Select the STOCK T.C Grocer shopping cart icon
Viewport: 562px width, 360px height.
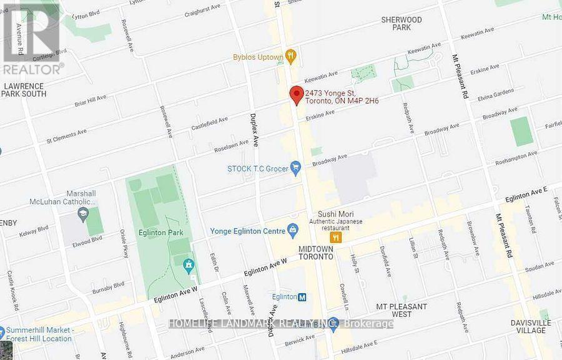pyautogui.click(x=296, y=167)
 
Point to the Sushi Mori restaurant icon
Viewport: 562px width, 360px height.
pyautogui.click(x=335, y=237)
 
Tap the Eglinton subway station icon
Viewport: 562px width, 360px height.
pyautogui.click(x=302, y=297)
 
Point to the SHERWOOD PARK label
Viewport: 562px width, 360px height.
pyautogui.click(x=402, y=24)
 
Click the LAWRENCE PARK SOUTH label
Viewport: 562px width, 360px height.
pyautogui.click(x=24, y=90)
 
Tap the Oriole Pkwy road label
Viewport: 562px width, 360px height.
pyautogui.click(x=123, y=245)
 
